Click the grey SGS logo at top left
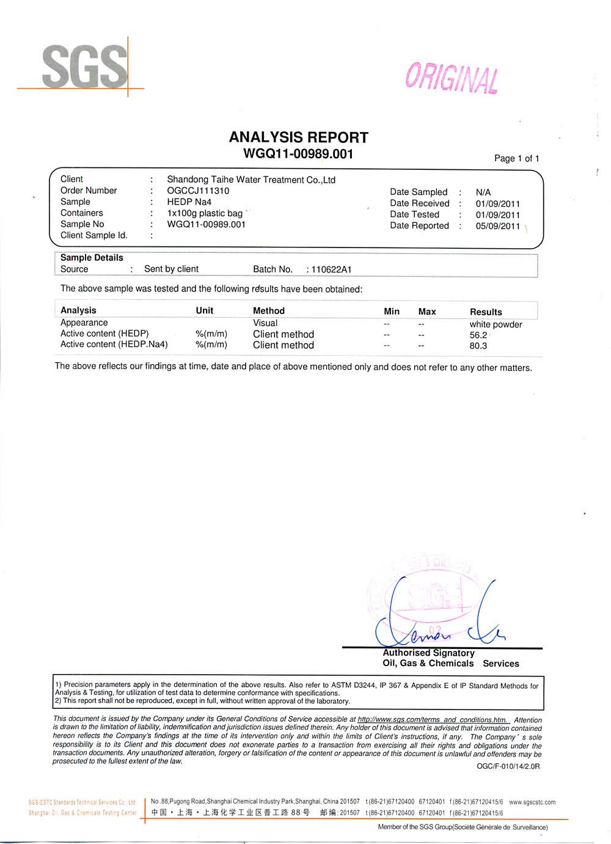click(x=84, y=66)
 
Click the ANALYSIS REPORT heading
click(x=298, y=138)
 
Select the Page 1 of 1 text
click(x=516, y=158)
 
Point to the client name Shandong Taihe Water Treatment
click(x=251, y=180)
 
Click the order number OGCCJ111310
click(x=198, y=191)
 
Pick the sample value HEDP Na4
click(x=189, y=202)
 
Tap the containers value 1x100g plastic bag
click(x=205, y=213)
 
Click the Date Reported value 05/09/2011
click(x=497, y=226)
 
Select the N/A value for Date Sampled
click(x=483, y=193)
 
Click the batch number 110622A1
click(x=331, y=270)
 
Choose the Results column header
click(x=486, y=312)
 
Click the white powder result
click(x=496, y=325)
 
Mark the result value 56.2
click(x=478, y=335)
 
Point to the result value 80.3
click(x=478, y=346)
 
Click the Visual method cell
click(x=265, y=323)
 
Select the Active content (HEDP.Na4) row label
click(x=114, y=344)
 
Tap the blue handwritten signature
click(x=437, y=617)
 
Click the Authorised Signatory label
click(x=428, y=653)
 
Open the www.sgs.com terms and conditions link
click(x=432, y=720)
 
